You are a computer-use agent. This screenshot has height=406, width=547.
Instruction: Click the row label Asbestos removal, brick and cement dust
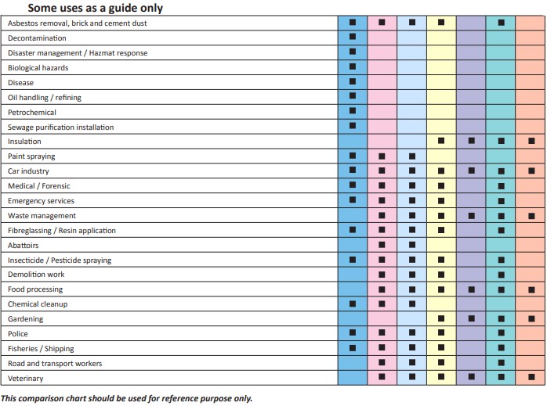[x=77, y=23]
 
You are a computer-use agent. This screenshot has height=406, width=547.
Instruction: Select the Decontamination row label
[x=37, y=38]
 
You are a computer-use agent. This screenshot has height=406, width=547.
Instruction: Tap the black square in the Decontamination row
[x=353, y=36]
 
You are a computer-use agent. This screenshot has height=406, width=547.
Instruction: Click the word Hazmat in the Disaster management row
[x=103, y=53]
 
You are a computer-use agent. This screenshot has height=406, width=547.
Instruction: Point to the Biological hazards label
[x=38, y=68]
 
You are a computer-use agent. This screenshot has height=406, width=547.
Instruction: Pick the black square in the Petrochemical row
[x=353, y=111]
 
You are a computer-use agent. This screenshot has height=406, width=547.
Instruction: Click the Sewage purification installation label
[x=60, y=127]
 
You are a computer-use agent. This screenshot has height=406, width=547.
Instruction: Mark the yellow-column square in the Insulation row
[x=441, y=141]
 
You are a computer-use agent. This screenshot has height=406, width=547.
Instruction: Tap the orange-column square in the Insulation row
[x=531, y=141]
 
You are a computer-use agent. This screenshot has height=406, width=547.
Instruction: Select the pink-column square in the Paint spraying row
[x=382, y=156]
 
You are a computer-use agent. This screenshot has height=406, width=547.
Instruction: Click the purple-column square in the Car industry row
[x=472, y=171]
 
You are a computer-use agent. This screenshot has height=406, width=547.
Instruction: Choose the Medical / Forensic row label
[x=38, y=186]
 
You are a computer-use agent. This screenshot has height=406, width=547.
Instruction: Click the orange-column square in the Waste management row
[x=531, y=216]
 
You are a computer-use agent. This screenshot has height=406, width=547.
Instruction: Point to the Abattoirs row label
[x=23, y=246]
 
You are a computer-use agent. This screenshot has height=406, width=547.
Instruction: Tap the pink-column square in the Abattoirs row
[x=382, y=245]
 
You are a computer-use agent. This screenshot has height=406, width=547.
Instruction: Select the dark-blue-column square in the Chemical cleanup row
[x=353, y=304]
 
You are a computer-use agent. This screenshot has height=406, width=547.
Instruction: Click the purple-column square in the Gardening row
[x=472, y=318]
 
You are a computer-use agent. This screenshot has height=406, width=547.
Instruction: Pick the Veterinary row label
[x=25, y=379]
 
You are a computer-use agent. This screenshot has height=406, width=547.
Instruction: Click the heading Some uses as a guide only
[x=96, y=8]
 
